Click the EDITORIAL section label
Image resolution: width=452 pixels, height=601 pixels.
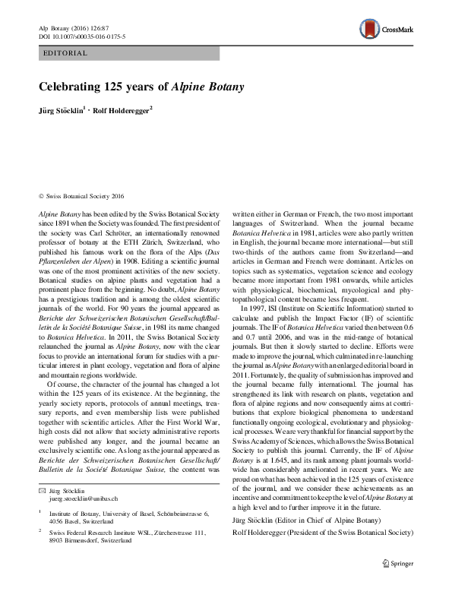(67, 54)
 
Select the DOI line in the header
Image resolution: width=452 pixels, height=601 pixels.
(81, 36)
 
